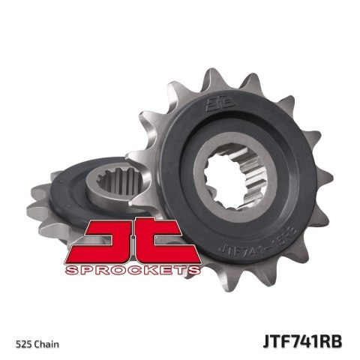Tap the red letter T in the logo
point(167,240)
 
